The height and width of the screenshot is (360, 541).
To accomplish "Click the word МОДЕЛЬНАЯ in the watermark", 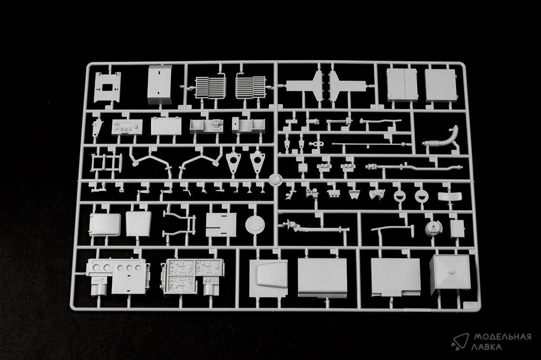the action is [502, 337].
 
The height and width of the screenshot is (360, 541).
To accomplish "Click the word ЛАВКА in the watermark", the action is [487, 347].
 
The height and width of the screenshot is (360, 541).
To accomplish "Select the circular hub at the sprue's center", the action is [275, 179].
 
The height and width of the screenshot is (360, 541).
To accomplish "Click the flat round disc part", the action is [255, 224].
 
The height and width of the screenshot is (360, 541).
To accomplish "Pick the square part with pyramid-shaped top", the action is [450, 274].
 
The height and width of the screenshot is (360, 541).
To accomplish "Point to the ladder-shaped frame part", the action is [106, 163].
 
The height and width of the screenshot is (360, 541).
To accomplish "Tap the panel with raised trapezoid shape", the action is [268, 274].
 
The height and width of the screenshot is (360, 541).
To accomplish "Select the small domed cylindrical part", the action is [432, 228].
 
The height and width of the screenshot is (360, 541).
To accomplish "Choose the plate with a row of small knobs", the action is [127, 127].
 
